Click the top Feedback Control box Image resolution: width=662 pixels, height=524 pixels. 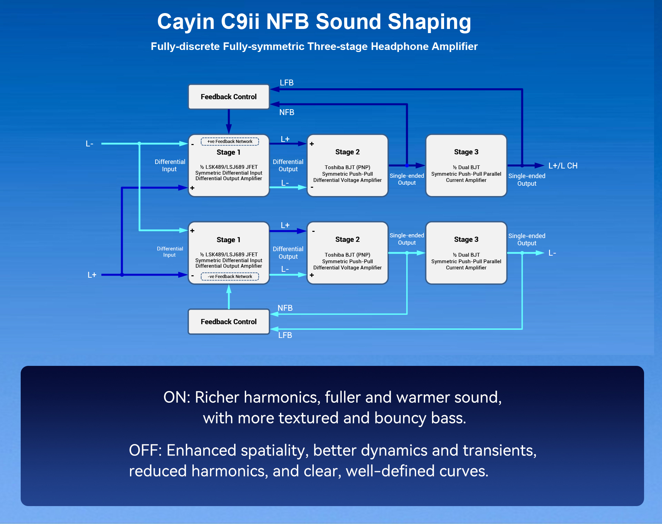point(229,97)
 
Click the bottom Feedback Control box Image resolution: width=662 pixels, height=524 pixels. point(229,322)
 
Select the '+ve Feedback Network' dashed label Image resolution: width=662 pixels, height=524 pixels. point(230,142)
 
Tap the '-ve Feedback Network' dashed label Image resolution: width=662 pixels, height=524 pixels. point(230,277)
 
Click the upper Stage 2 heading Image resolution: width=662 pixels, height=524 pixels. point(347,152)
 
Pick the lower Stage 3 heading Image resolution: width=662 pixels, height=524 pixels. point(466,239)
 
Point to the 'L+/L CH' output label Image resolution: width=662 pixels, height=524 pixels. point(563,166)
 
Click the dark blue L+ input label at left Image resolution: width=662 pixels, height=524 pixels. point(92,275)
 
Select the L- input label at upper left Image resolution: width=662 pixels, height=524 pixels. point(89,144)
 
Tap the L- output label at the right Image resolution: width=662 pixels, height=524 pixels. point(552,253)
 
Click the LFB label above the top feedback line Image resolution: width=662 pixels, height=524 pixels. point(287,83)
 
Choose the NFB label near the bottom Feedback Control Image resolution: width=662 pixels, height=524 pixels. point(285,308)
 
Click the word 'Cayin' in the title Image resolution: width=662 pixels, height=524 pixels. point(186,22)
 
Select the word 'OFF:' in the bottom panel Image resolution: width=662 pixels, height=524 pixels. point(145,451)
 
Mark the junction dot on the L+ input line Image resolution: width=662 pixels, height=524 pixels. point(122,275)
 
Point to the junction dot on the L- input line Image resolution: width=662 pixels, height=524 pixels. point(139,144)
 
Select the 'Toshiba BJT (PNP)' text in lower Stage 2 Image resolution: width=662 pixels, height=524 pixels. point(347,255)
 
